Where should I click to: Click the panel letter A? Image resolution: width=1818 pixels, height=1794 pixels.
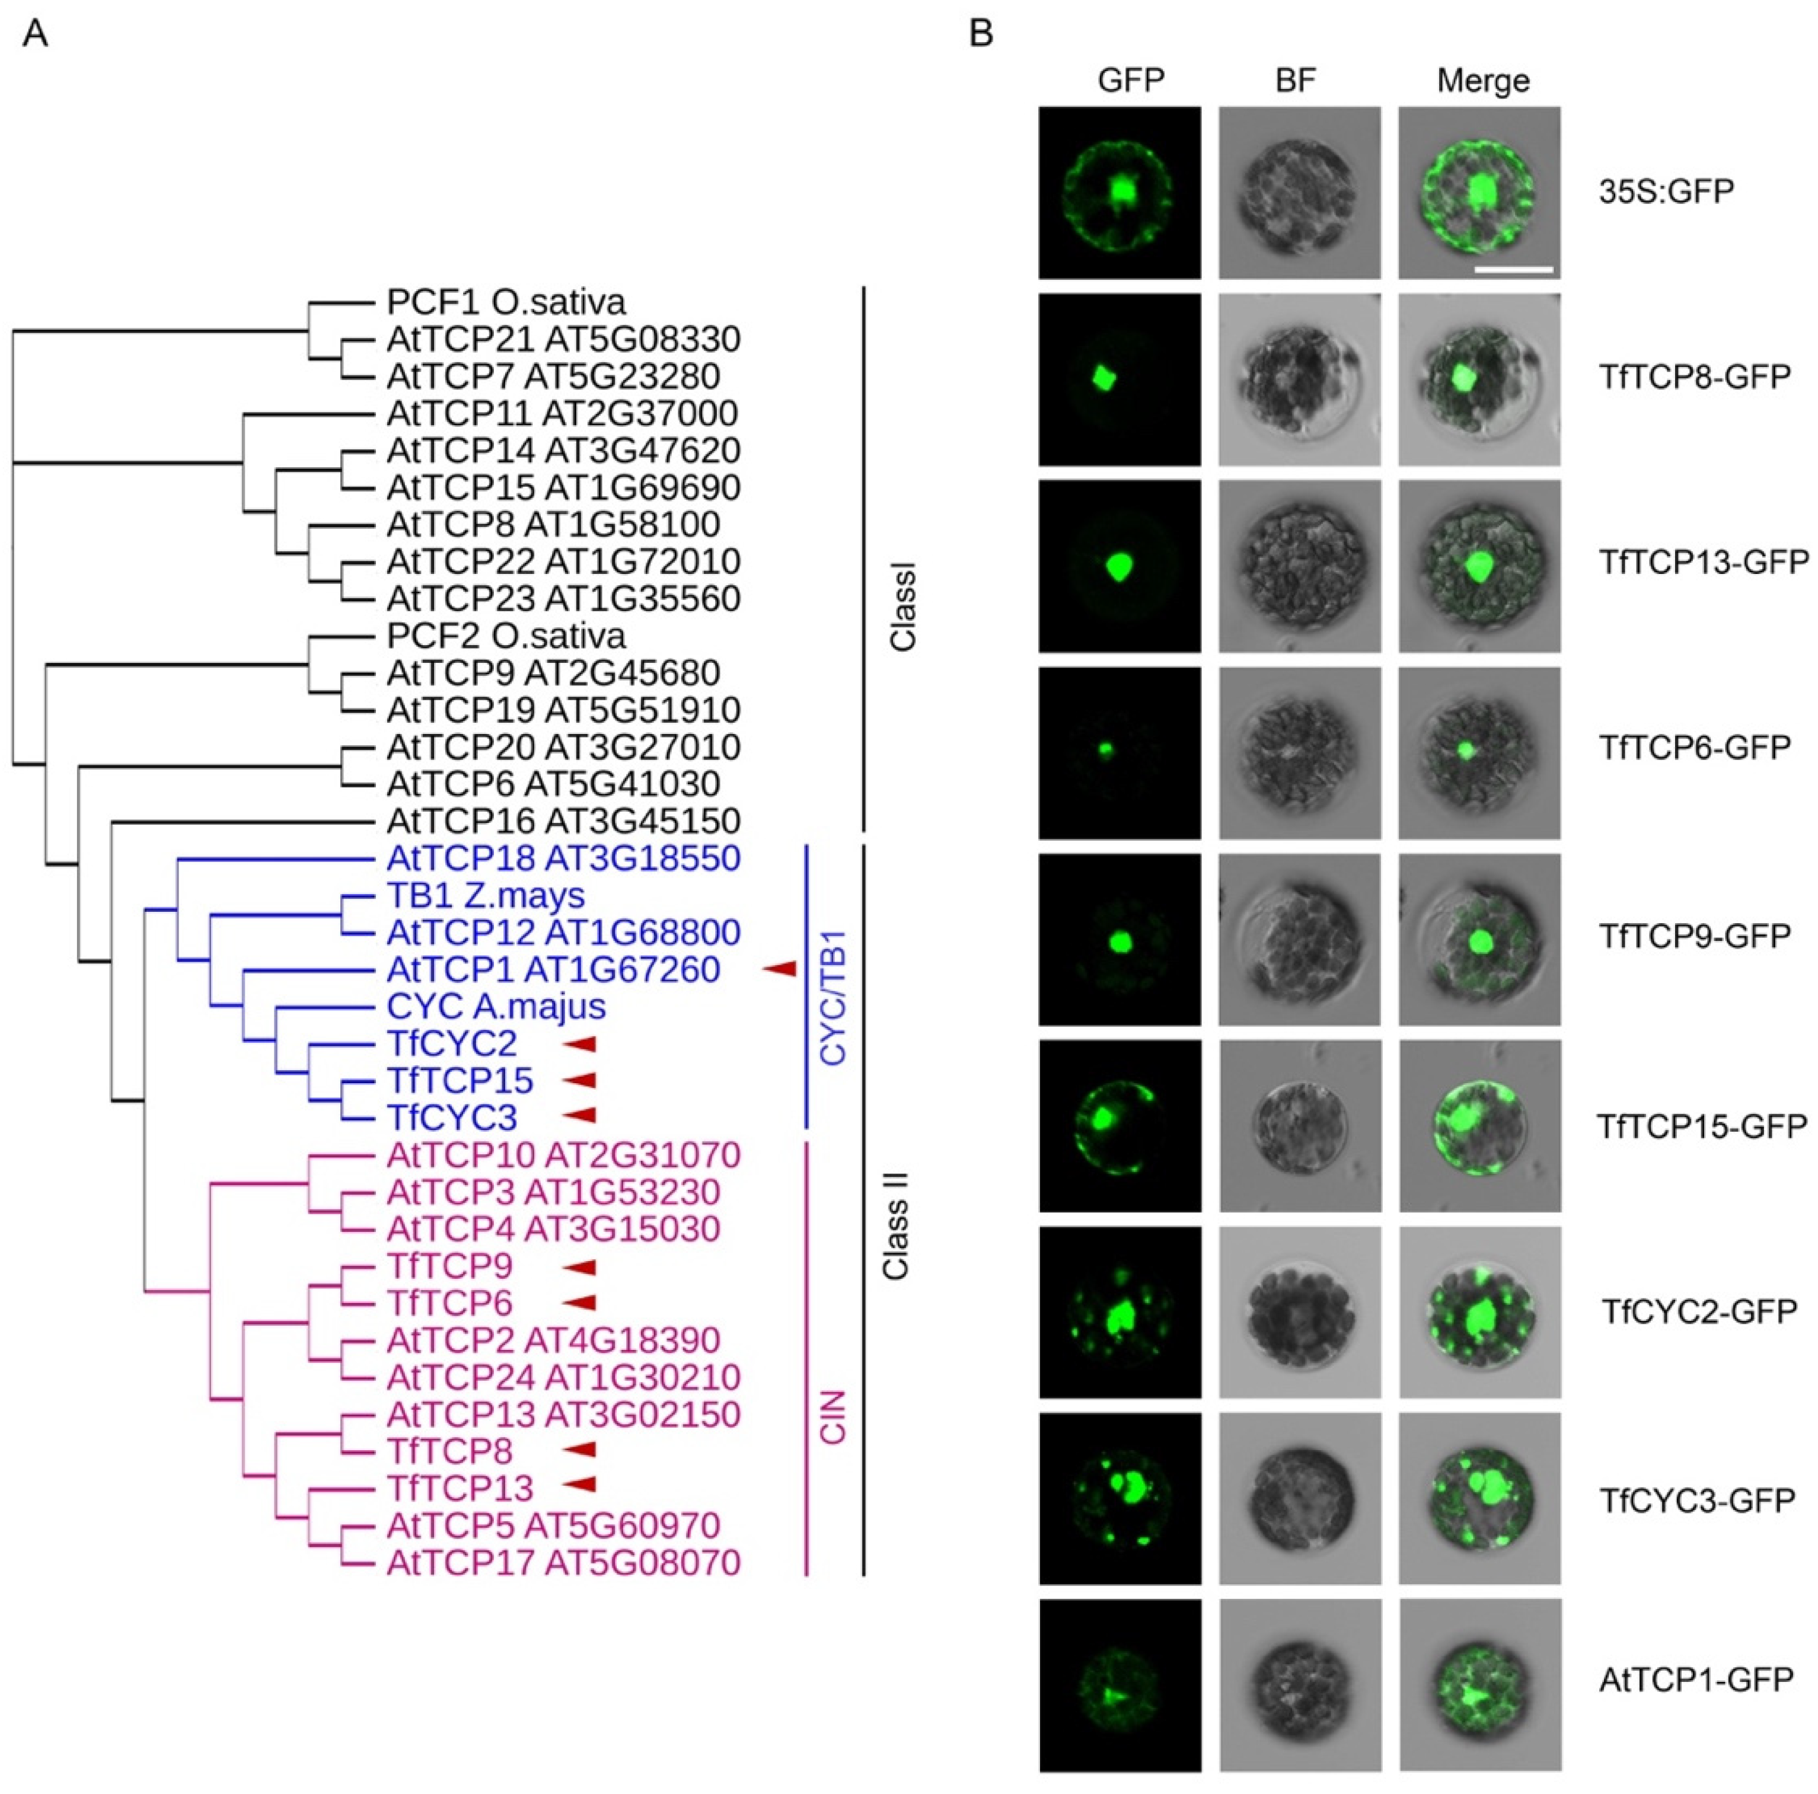[x=35, y=35]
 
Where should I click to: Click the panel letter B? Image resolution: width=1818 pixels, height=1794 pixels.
[x=981, y=35]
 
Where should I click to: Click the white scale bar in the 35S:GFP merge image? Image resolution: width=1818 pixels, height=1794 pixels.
[x=1513, y=269]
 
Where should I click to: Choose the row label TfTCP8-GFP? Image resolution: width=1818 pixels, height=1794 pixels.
[x=1694, y=377]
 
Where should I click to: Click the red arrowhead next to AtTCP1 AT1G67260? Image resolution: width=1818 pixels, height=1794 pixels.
[x=779, y=969]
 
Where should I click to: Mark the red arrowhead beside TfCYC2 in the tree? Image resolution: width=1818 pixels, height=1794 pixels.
[x=580, y=1043]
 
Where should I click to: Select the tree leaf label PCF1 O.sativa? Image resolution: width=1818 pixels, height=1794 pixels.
[x=505, y=302]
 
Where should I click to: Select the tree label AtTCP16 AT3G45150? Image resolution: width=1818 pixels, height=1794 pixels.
[x=563, y=821]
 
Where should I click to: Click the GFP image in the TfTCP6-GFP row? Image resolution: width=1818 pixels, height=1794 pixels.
[x=1119, y=752]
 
